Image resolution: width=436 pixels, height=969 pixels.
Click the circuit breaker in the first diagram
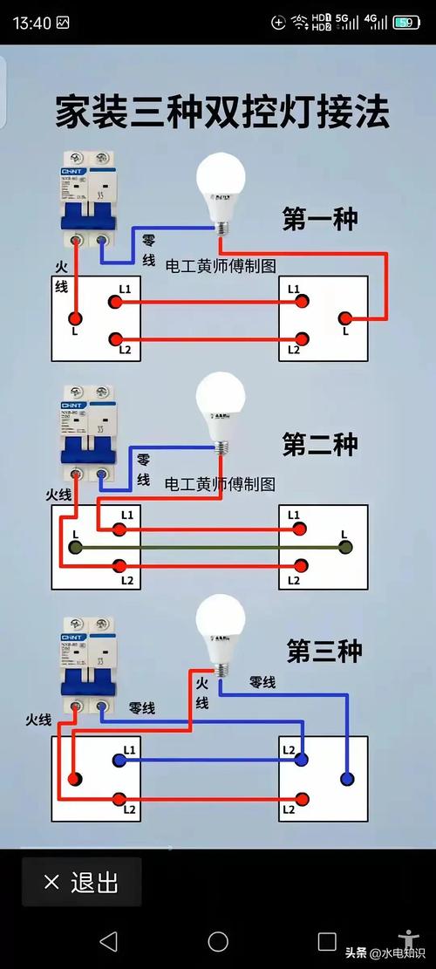(x=88, y=201)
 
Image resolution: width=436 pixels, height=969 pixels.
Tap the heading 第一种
(x=319, y=218)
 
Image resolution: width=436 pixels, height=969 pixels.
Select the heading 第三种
(x=324, y=651)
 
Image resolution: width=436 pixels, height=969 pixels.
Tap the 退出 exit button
(x=81, y=882)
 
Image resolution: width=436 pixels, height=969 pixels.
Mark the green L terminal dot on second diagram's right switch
(x=345, y=548)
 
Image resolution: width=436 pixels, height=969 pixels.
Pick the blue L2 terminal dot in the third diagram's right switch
(x=302, y=760)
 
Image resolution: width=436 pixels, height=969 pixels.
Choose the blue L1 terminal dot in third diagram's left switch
(x=116, y=760)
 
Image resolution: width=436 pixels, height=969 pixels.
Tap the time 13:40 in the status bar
(x=32, y=22)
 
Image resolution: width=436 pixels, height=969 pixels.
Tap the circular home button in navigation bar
(x=218, y=941)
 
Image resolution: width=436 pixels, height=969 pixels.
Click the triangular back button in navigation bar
(x=108, y=941)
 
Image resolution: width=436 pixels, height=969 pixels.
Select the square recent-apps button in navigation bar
(x=327, y=941)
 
